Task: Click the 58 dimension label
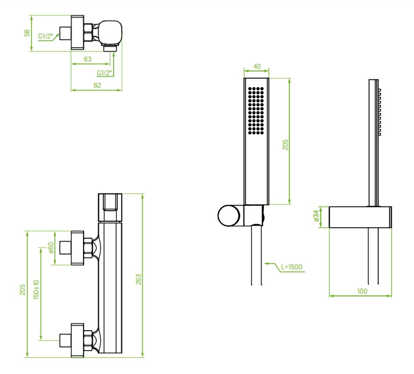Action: point(27,33)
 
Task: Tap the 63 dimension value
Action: point(88,59)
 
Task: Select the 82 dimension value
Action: point(97,85)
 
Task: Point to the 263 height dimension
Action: point(138,279)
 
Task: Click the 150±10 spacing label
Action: point(36,289)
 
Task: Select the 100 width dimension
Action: point(362,291)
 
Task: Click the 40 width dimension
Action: point(257,66)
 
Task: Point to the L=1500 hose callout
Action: point(291,267)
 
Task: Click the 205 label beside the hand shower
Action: point(285,145)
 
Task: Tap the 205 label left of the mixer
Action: point(22,289)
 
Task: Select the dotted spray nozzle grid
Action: point(256,111)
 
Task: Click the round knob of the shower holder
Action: point(229,216)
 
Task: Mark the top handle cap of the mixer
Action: point(110,207)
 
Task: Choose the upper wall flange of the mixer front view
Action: point(77,248)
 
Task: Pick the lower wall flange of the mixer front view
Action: point(77,340)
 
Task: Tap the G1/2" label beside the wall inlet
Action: point(46,36)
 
